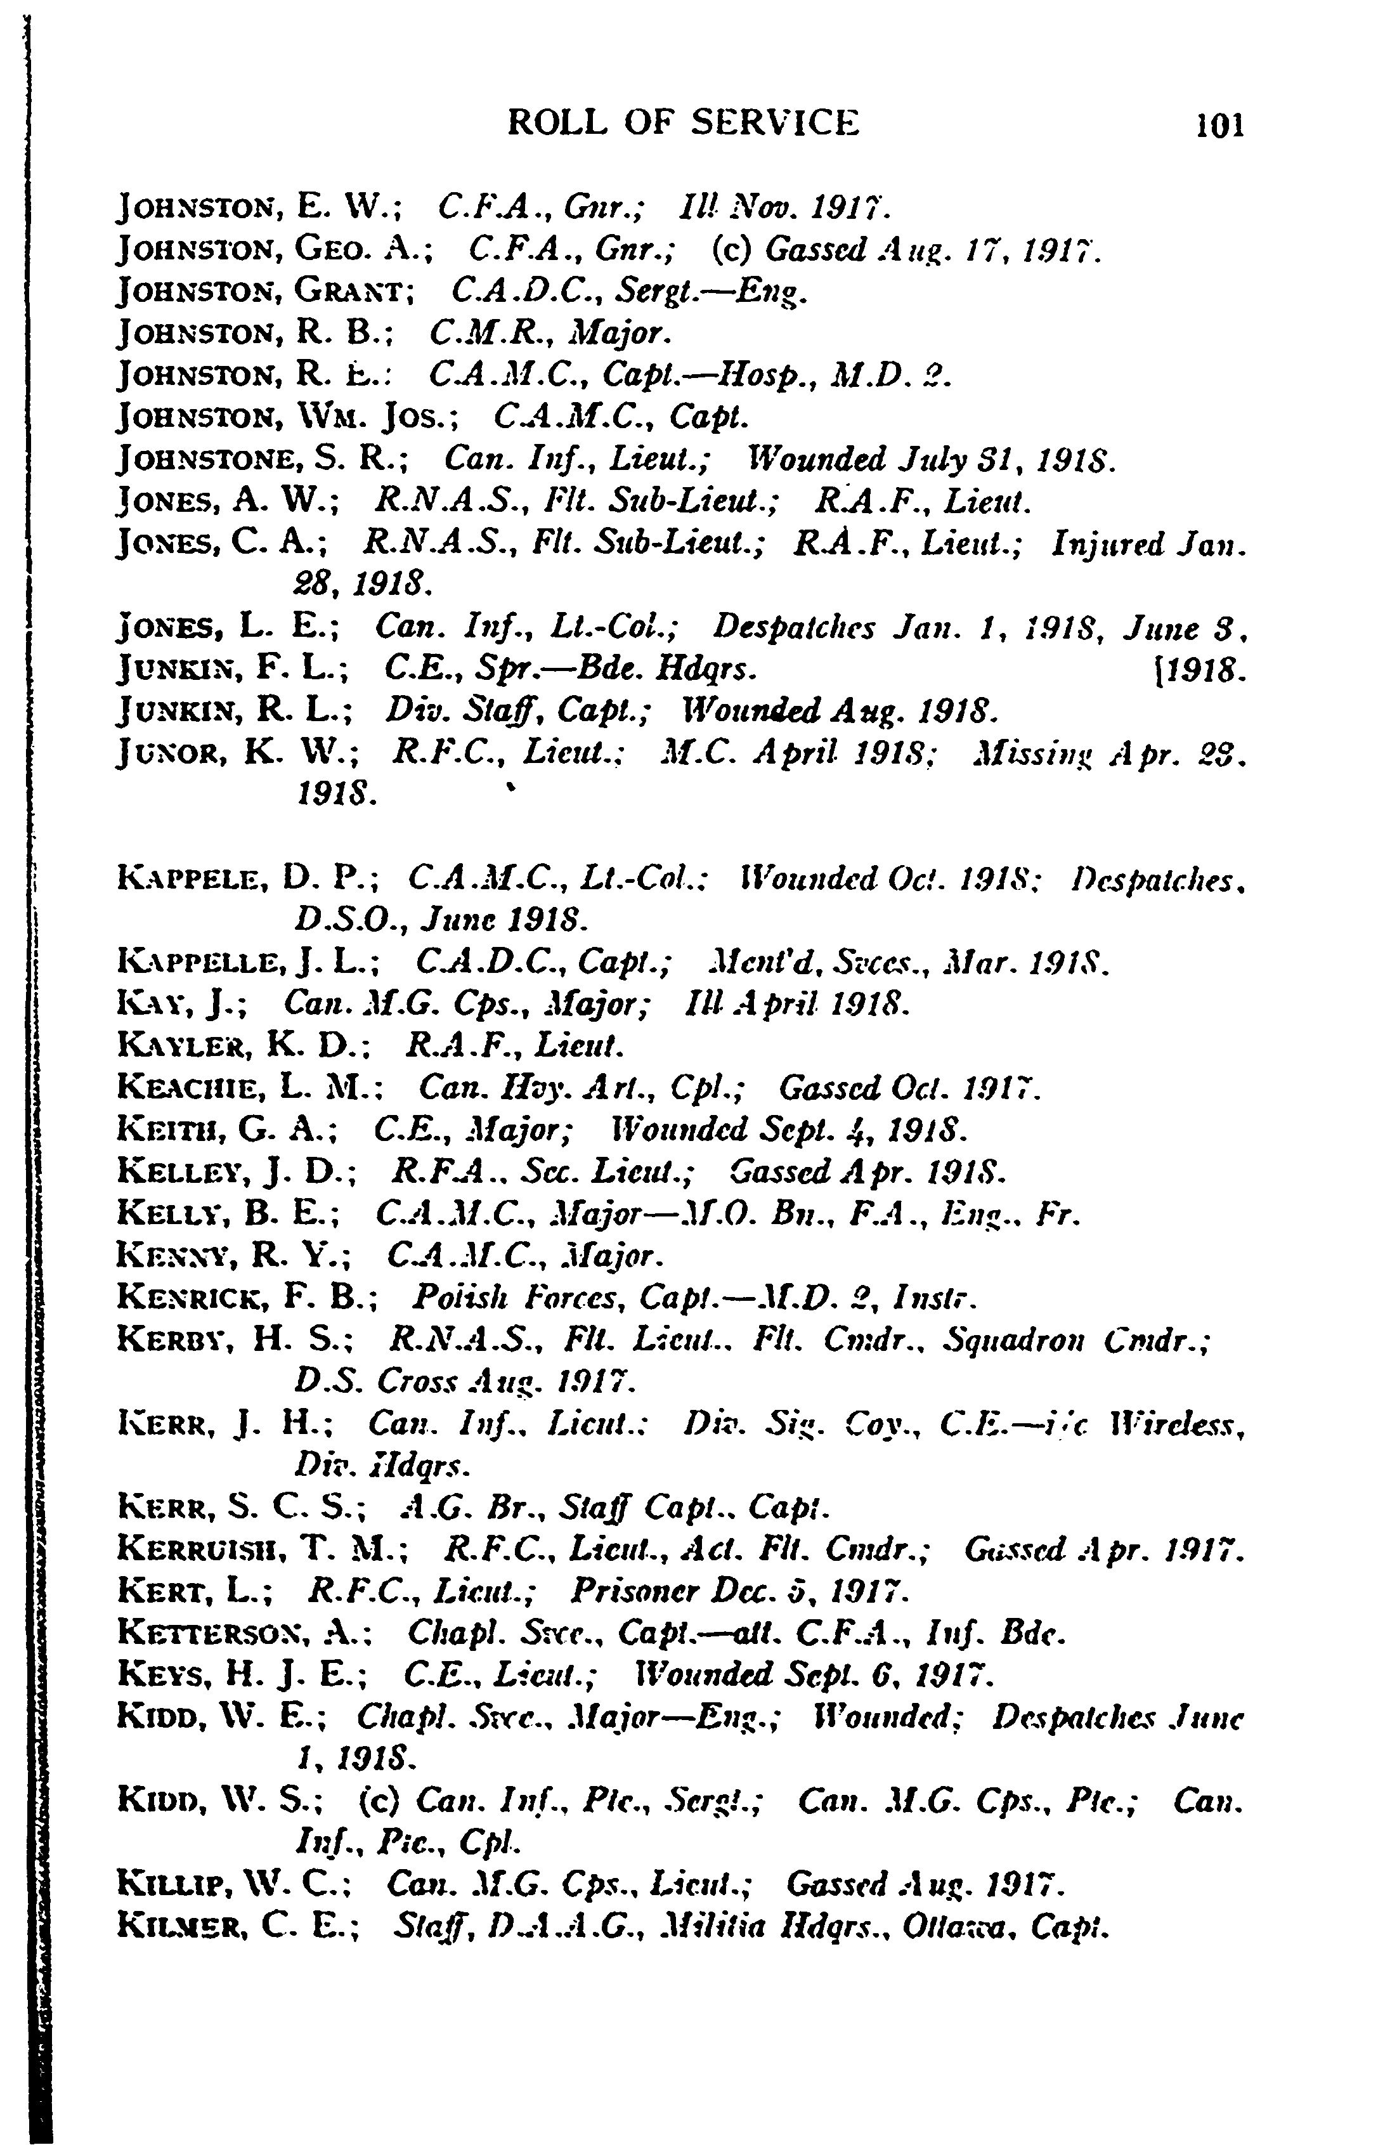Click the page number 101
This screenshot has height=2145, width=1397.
pos(1219,124)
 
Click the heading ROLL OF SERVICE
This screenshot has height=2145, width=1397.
pos(683,122)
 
